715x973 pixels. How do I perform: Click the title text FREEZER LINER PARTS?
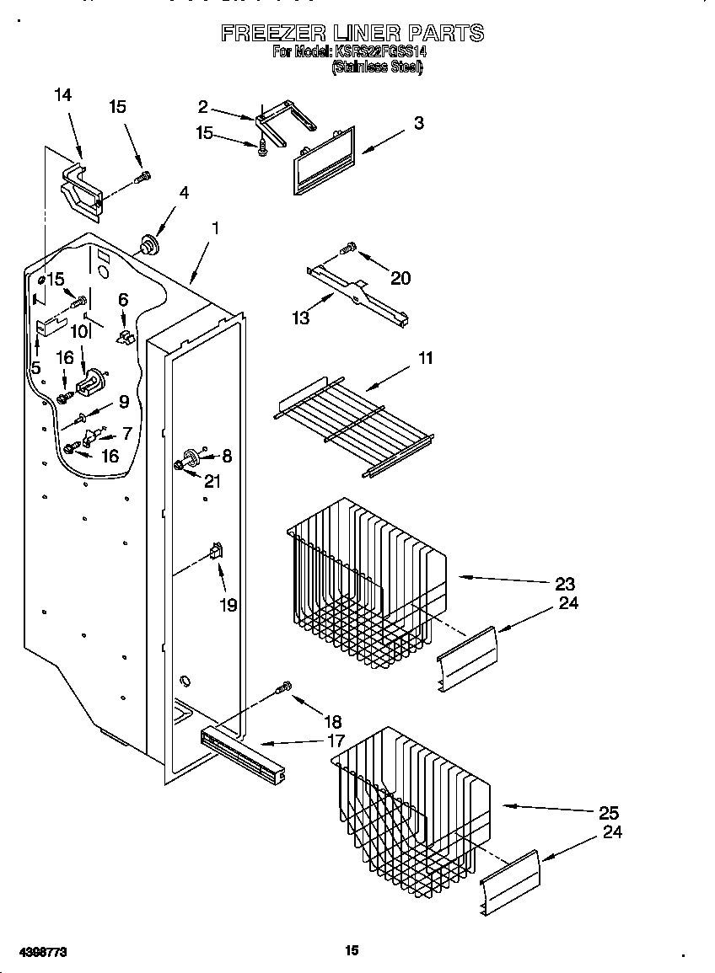click(352, 33)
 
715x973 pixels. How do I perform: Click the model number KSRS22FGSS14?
click(381, 52)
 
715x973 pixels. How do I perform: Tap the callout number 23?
click(565, 583)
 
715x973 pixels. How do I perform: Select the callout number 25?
click(609, 813)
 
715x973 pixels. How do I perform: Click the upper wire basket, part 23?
click(367, 581)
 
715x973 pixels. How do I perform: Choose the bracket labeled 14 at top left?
click(81, 186)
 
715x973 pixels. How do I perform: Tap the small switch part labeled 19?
click(216, 552)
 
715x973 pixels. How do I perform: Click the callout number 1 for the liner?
click(216, 227)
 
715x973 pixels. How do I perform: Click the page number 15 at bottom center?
click(352, 950)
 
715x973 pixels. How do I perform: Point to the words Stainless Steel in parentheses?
click(376, 67)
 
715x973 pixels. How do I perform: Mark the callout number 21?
click(212, 481)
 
